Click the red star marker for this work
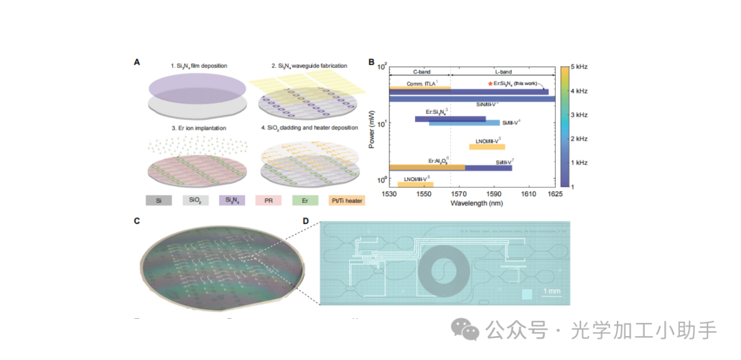tap(490, 83)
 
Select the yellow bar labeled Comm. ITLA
tap(419, 88)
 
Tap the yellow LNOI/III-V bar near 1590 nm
tap(486, 147)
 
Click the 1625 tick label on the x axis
tap(555, 195)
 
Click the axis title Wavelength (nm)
tap(472, 204)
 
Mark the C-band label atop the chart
tap(421, 71)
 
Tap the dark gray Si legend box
tap(159, 201)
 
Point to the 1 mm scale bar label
tap(552, 291)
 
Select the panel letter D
tap(305, 221)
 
